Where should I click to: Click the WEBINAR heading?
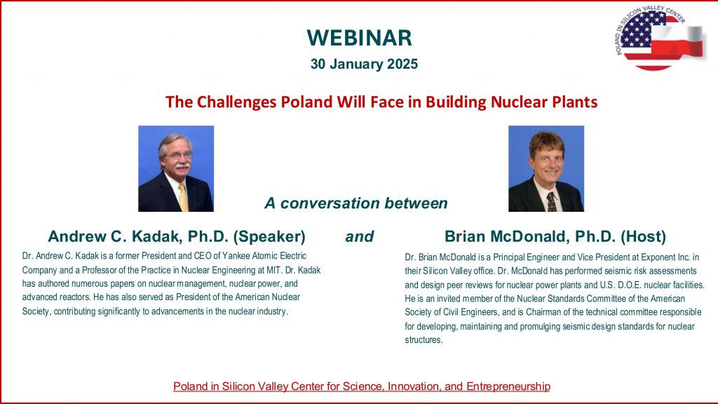point(360,38)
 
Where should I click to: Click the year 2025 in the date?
point(402,64)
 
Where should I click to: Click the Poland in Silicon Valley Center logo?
point(659,38)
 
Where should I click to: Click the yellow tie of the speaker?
point(184,197)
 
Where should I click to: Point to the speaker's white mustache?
point(182,166)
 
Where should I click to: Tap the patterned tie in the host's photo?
point(551,201)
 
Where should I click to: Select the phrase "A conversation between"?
point(355,203)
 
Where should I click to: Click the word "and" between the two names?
point(360,236)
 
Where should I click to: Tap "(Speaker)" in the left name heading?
point(269,237)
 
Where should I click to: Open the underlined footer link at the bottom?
point(362,386)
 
